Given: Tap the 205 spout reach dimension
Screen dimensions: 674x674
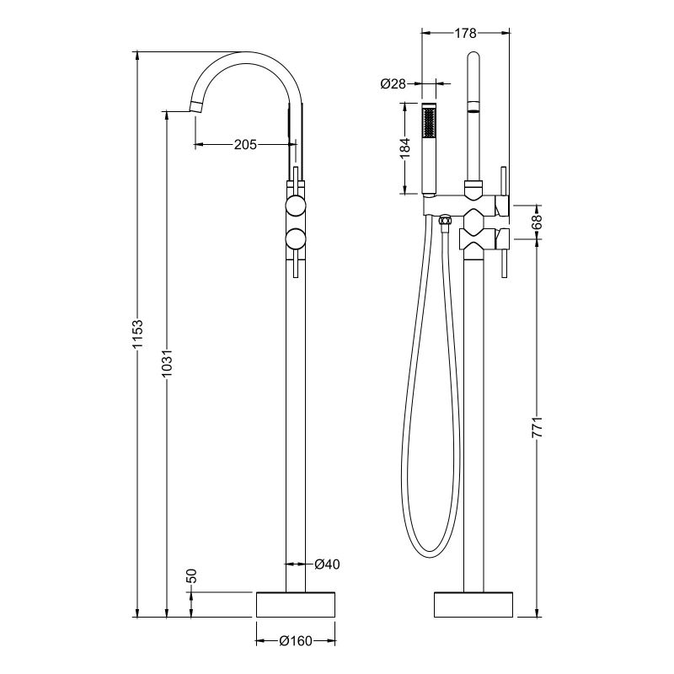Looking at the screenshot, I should pyautogui.click(x=245, y=145).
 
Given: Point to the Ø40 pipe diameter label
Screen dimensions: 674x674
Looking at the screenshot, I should pyautogui.click(x=327, y=564).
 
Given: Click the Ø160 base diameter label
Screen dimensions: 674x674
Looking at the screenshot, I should pyautogui.click(x=296, y=641).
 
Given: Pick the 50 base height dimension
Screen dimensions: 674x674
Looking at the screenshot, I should pyautogui.click(x=192, y=577).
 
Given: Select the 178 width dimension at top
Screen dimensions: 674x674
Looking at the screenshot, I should pyautogui.click(x=465, y=34).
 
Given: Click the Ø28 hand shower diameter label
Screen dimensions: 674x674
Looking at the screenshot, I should pyautogui.click(x=393, y=83).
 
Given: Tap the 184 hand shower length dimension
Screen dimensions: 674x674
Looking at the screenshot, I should pyautogui.click(x=404, y=147).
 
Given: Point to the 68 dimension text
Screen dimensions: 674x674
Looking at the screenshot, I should pyautogui.click(x=538, y=223).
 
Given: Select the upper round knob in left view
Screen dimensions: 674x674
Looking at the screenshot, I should pyautogui.click(x=296, y=207).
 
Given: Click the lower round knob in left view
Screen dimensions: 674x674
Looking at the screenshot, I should pyautogui.click(x=296, y=238).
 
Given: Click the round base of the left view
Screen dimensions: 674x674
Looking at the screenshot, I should pyautogui.click(x=296, y=604).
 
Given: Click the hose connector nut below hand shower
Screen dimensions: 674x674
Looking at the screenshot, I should pyautogui.click(x=445, y=222).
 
